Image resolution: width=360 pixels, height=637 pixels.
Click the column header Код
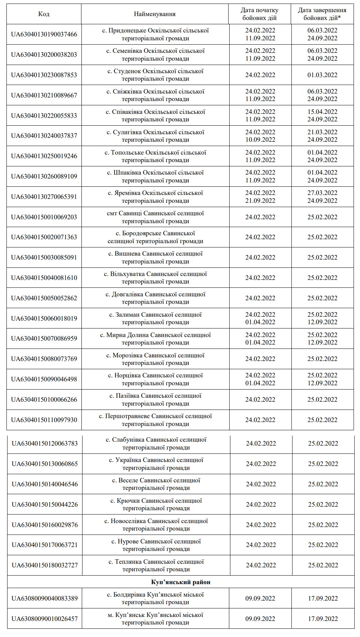44,14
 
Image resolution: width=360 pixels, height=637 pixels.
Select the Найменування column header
155,14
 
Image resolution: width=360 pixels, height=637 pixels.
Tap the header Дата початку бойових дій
260,14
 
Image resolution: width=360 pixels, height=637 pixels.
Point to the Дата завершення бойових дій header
322,14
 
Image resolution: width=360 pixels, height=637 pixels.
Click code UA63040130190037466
44,34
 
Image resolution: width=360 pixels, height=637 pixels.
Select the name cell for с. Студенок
155,75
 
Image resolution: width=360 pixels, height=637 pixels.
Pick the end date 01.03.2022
322,75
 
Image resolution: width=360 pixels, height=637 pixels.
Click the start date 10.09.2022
260,140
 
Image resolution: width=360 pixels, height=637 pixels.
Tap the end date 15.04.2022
322,112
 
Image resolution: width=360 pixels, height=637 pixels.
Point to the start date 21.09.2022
260,201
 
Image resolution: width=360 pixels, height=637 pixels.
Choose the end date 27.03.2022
322,193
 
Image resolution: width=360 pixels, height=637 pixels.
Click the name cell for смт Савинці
155,217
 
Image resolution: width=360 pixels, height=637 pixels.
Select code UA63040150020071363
44,237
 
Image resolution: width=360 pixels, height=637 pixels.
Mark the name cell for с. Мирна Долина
155,338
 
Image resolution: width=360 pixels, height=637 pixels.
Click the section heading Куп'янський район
181,582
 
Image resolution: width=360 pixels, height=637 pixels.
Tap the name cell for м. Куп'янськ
155,619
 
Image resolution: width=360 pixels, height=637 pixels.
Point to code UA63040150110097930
44,420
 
